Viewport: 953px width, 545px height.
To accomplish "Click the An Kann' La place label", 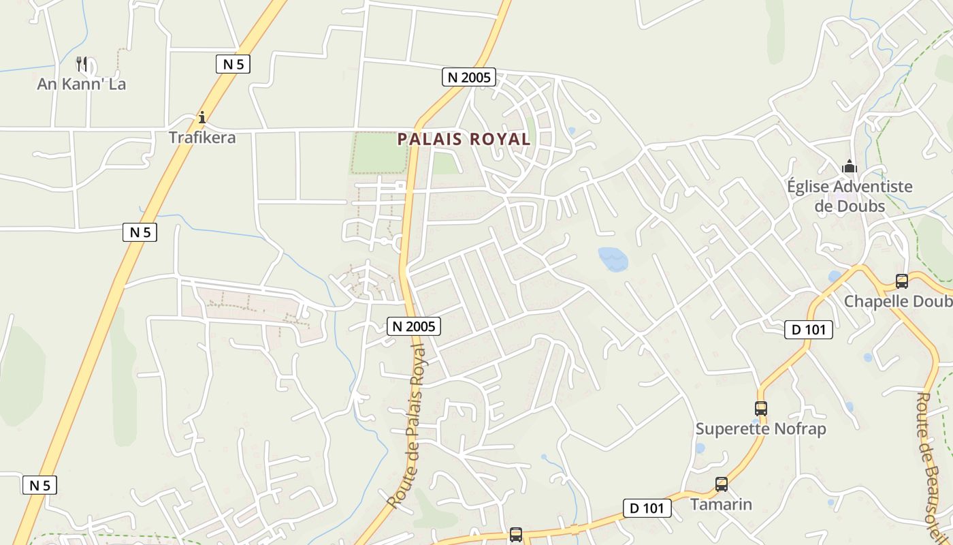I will point(82,84).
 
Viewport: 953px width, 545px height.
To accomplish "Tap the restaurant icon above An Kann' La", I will point(82,64).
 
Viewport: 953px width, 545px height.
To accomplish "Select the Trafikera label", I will point(202,138).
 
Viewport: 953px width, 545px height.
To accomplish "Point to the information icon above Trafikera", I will point(202,117).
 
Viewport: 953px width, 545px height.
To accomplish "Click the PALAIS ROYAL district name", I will point(464,139).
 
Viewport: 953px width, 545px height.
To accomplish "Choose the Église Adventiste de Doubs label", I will point(850,196).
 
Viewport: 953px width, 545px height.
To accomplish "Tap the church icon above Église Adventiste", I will point(850,167).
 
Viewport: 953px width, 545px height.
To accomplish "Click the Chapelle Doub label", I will point(898,301).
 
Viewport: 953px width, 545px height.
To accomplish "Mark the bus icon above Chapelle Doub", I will point(902,281).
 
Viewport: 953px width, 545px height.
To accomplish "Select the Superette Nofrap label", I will point(760,429).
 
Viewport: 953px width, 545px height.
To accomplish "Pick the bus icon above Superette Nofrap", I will point(761,409).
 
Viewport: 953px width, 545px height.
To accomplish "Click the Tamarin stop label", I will point(721,504).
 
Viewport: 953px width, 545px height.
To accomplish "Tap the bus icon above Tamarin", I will point(722,484).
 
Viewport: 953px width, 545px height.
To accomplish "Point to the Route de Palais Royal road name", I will point(407,426).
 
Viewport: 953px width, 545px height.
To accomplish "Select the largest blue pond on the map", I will point(613,259).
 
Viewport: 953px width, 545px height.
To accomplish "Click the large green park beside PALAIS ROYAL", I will point(379,153).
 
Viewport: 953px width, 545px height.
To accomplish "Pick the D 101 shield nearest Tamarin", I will point(647,508).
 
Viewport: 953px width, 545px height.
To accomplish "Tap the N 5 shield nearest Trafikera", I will point(233,64).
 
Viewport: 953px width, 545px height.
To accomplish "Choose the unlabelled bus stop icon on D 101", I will point(516,535).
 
